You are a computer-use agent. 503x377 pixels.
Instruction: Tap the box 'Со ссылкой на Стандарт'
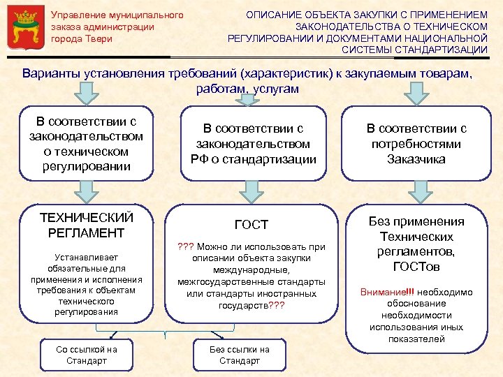point(87,355)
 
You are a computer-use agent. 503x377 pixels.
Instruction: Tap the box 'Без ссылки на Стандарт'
point(240,355)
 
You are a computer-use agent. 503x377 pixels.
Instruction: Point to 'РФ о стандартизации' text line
point(253,159)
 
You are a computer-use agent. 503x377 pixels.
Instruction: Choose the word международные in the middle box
point(252,269)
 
